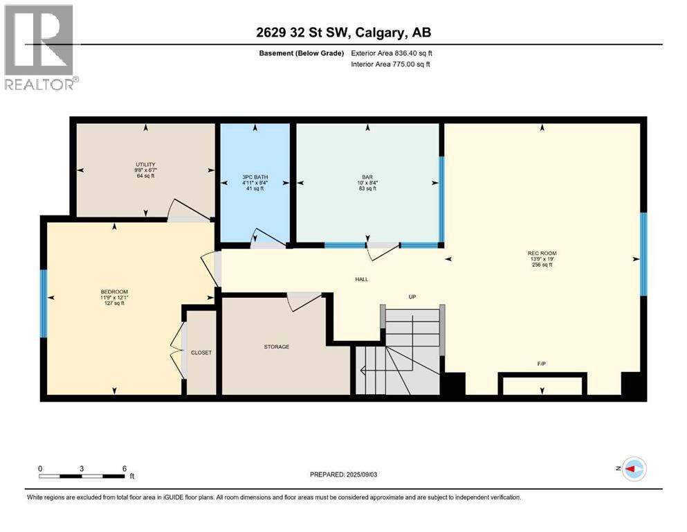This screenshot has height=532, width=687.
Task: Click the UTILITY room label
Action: (x=145, y=164)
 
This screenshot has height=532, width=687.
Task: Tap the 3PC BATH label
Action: (x=255, y=177)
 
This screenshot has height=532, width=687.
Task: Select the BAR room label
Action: (x=368, y=177)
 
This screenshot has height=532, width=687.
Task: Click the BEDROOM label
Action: (x=114, y=292)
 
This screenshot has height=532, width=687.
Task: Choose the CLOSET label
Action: (x=201, y=353)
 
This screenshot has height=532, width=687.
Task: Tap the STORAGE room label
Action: (x=275, y=346)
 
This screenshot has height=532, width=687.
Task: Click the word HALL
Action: (x=361, y=279)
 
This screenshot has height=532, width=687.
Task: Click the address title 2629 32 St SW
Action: (x=344, y=33)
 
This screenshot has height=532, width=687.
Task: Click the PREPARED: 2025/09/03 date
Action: (x=344, y=475)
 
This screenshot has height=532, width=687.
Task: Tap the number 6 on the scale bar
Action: (x=124, y=468)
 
